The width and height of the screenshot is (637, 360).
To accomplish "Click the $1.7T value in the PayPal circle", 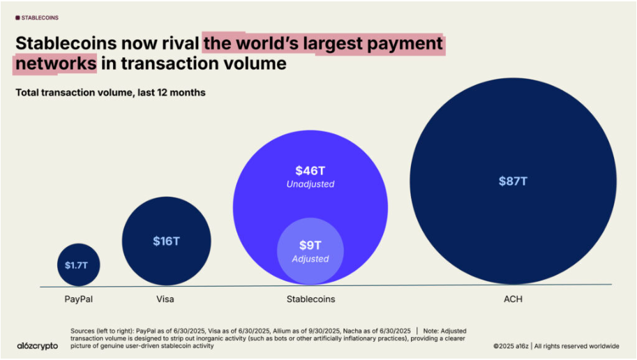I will pyautogui.click(x=78, y=265).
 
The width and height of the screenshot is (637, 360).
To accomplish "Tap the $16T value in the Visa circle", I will pyautogui.click(x=166, y=241).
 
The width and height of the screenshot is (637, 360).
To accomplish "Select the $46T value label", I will pyautogui.click(x=310, y=170).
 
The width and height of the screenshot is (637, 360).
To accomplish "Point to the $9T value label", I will pyautogui.click(x=310, y=245).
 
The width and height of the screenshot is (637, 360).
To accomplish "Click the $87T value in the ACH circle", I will pyautogui.click(x=513, y=181).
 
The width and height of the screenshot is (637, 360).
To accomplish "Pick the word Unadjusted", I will pyautogui.click(x=310, y=184).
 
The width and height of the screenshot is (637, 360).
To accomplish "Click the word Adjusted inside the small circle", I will pyautogui.click(x=310, y=259).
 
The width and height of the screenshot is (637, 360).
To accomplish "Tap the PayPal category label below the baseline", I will pyautogui.click(x=78, y=299).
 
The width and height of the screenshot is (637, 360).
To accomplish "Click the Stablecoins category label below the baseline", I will pyautogui.click(x=310, y=299).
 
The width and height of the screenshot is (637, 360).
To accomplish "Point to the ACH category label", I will pyautogui.click(x=513, y=299).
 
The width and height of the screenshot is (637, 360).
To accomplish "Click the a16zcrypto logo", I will pyautogui.click(x=37, y=345).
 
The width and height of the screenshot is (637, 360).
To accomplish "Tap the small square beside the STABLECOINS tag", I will pyautogui.click(x=17, y=17).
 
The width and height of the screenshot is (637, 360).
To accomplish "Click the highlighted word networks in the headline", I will pyautogui.click(x=54, y=63).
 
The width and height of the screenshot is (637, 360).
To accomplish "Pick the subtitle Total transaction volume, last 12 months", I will pyautogui.click(x=110, y=92).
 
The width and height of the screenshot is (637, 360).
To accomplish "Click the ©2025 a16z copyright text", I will pyautogui.click(x=511, y=346).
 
